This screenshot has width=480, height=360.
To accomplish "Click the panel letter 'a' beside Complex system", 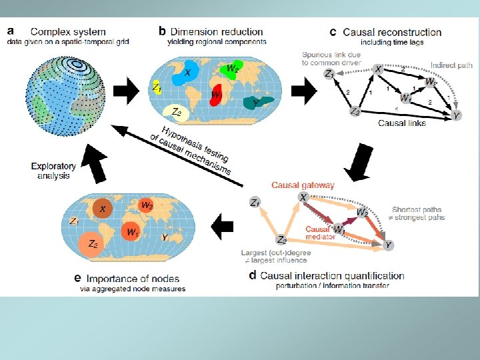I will [x=11, y=31].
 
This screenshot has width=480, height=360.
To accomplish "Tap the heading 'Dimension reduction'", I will [x=217, y=31].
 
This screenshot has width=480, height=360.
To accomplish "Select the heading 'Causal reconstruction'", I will [x=392, y=32].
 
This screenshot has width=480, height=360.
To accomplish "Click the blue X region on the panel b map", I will [x=185, y=75].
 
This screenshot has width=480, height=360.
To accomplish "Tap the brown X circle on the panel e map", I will [x=103, y=209].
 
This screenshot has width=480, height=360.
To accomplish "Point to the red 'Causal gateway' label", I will [x=303, y=185].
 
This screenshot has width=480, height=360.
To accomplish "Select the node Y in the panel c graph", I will [x=457, y=116].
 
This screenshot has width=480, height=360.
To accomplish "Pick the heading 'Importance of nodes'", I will [x=133, y=279].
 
